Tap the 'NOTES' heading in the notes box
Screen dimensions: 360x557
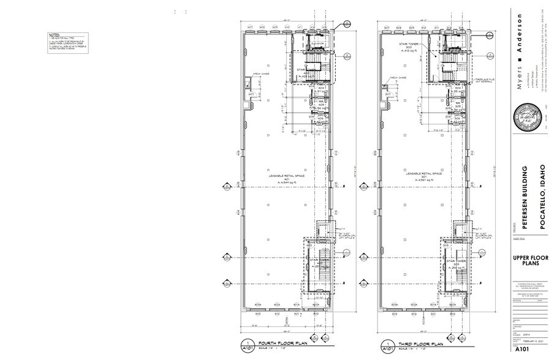(54, 35)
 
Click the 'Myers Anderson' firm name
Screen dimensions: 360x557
(520, 51)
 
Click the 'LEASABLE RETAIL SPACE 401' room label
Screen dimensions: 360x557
(282, 178)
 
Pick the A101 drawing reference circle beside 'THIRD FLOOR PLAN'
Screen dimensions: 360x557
(386, 347)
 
